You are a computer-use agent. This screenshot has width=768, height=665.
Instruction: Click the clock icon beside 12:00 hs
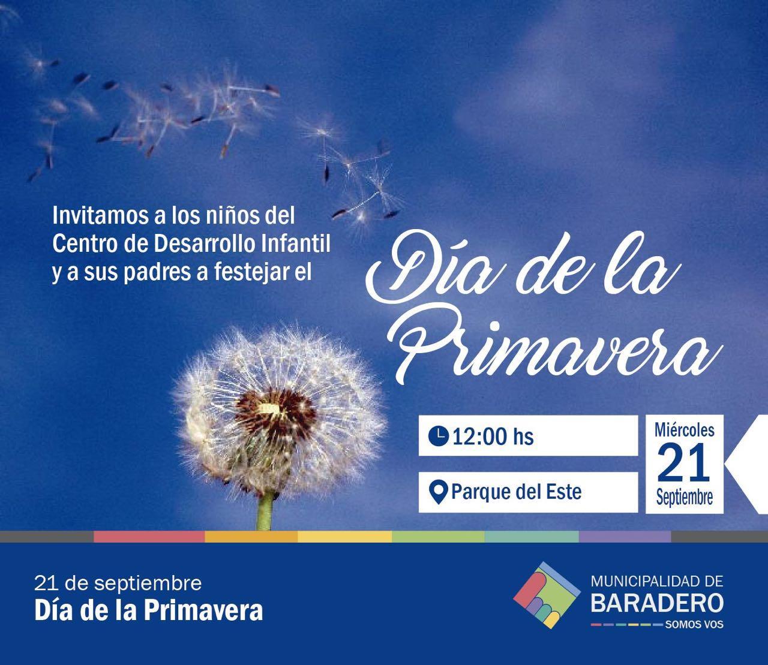(x=438, y=436)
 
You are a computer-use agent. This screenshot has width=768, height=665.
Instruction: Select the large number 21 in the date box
(x=684, y=463)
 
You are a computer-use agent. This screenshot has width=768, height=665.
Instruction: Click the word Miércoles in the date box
(x=685, y=430)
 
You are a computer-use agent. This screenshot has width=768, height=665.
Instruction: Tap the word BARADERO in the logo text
(x=657, y=603)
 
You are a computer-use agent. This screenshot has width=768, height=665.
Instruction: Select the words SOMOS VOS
(x=694, y=625)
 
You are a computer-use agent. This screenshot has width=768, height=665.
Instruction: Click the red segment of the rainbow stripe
(x=149, y=536)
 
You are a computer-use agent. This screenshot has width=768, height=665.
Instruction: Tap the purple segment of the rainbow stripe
(x=625, y=536)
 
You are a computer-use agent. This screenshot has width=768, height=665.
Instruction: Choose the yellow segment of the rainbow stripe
(x=345, y=536)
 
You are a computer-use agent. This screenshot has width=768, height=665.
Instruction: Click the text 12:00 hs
(x=493, y=437)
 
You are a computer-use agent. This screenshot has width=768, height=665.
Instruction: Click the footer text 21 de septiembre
(x=118, y=583)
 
